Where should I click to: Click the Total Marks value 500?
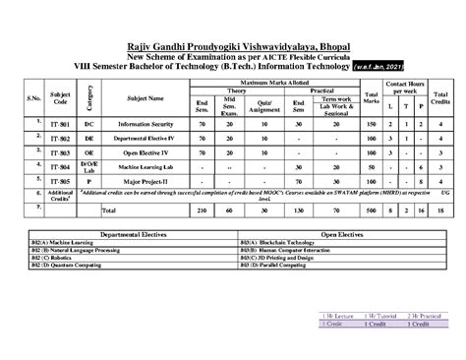371,210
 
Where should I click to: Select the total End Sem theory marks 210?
202,210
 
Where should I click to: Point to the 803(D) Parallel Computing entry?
278,266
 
